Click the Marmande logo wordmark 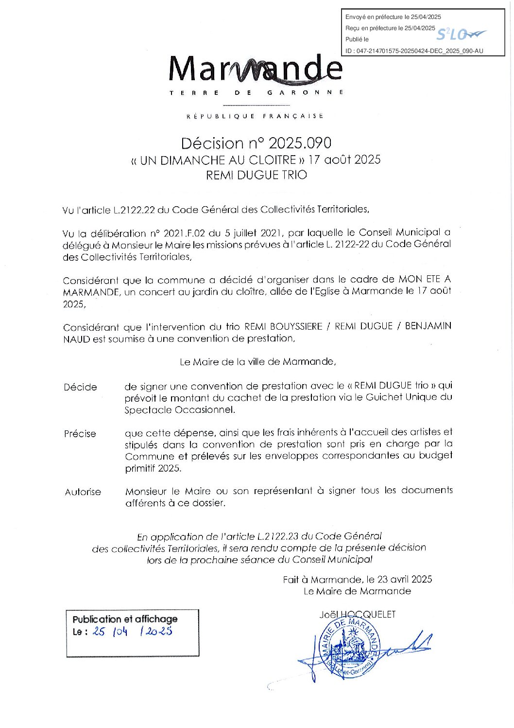256,69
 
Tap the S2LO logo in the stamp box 460,35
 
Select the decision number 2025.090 300,143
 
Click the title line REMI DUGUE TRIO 257,175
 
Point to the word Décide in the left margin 80,388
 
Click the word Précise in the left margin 80,434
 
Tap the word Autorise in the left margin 83,492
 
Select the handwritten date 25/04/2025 132,632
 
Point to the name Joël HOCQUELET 358,615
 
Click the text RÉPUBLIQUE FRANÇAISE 256,116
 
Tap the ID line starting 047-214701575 414,51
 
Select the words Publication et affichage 125,619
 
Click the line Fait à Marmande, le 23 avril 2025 358,579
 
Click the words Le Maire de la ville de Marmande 257,362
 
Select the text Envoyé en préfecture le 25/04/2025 393,17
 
